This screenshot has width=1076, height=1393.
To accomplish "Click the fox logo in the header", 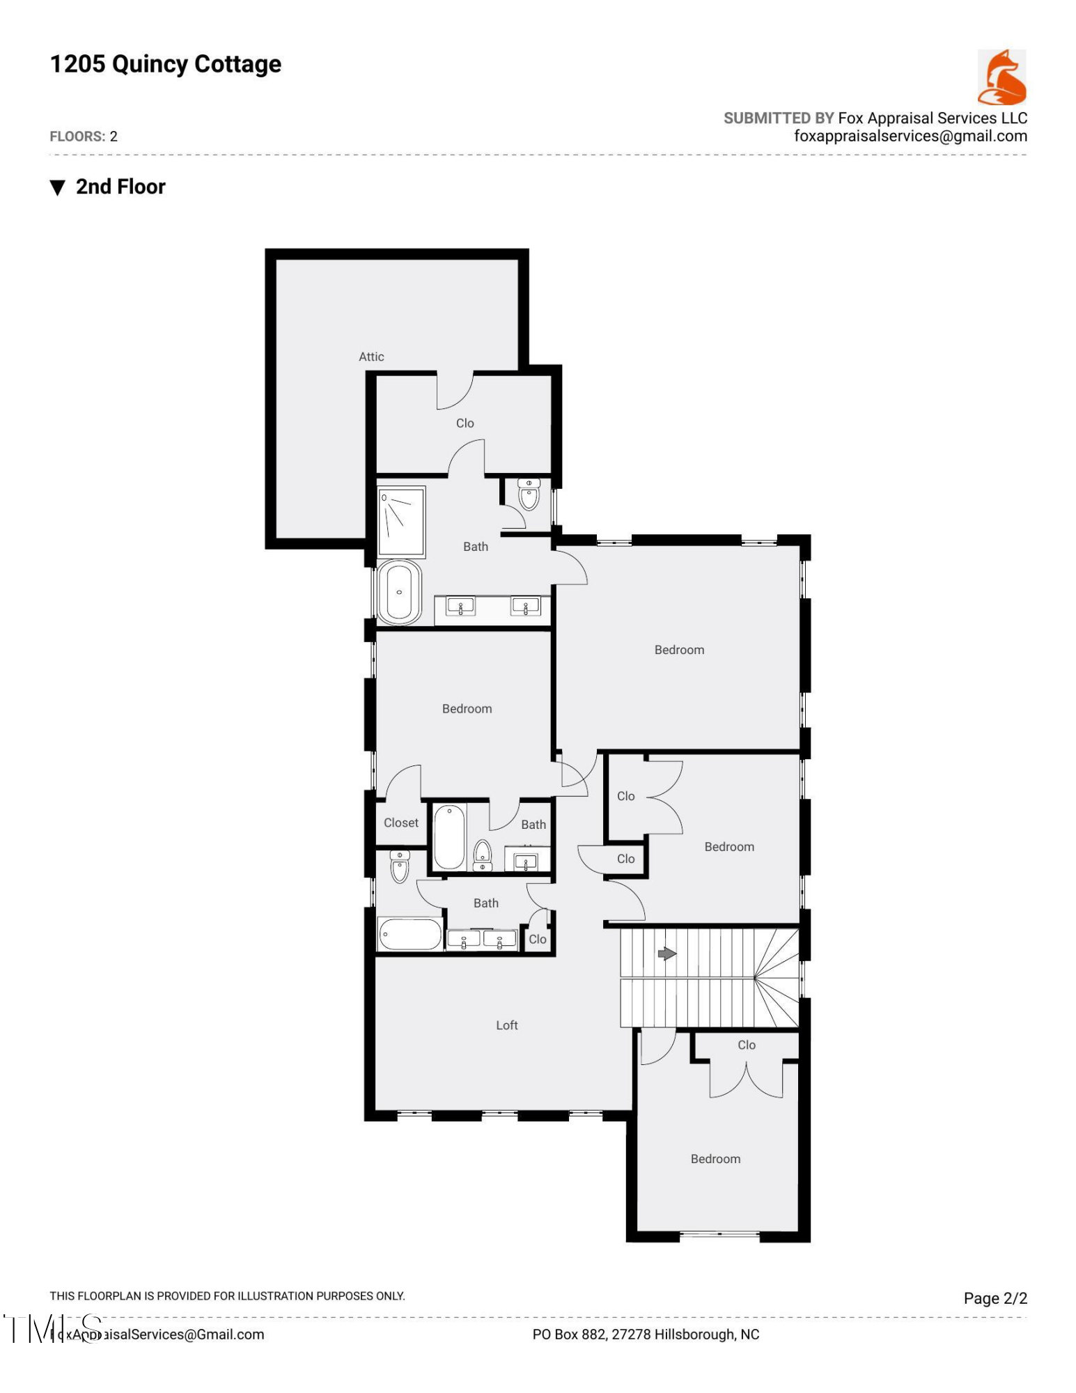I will pyautogui.click(x=1001, y=77).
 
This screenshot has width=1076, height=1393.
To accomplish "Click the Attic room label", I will pyautogui.click(x=371, y=357).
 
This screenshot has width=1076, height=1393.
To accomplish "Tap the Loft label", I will pyautogui.click(x=506, y=1025).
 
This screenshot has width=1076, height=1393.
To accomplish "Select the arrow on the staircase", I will pyautogui.click(x=666, y=954).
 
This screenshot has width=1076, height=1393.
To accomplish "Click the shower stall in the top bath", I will pyautogui.click(x=401, y=521).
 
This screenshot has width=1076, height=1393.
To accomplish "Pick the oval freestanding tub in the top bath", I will pyautogui.click(x=399, y=592).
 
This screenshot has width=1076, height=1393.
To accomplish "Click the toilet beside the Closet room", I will pyautogui.click(x=399, y=867).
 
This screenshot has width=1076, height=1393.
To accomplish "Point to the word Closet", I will pyautogui.click(x=401, y=823).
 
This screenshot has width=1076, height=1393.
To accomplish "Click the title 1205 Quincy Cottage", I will pyautogui.click(x=165, y=64).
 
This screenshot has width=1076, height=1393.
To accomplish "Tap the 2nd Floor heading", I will pyautogui.click(x=120, y=187).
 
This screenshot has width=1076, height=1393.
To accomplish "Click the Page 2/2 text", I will pyautogui.click(x=995, y=1298).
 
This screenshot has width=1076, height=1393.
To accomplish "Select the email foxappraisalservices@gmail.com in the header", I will pyautogui.click(x=910, y=137).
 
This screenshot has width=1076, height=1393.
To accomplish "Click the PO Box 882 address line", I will pyautogui.click(x=646, y=1334).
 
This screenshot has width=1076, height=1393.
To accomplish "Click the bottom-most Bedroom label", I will pyautogui.click(x=715, y=1158).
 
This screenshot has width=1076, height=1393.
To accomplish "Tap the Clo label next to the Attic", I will pyautogui.click(x=465, y=423).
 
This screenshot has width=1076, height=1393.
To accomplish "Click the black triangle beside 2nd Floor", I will pyautogui.click(x=58, y=187).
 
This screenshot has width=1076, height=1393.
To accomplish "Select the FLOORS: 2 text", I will pyautogui.click(x=84, y=137).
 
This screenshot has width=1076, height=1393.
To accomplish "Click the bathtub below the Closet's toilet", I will pyautogui.click(x=410, y=934).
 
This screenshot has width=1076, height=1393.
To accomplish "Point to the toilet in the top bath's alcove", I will pyautogui.click(x=529, y=495).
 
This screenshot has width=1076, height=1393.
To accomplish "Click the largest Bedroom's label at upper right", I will pyautogui.click(x=679, y=650).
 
